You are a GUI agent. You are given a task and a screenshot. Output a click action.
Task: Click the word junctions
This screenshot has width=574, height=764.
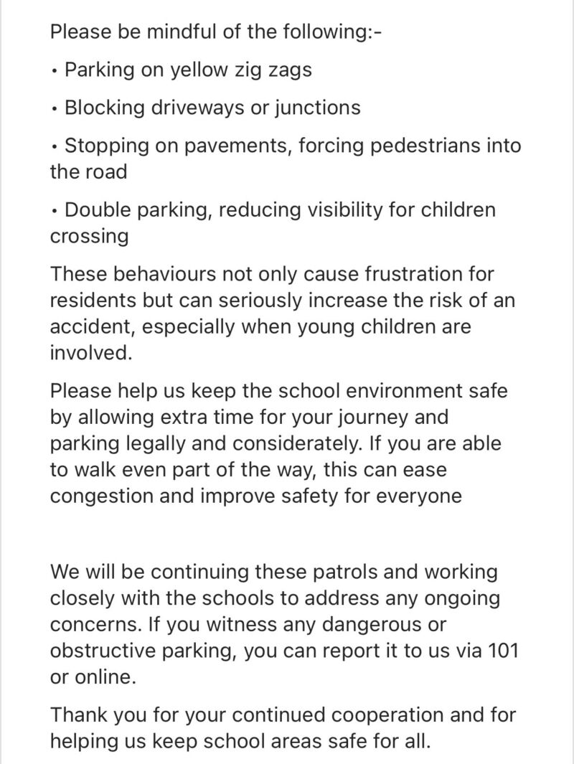316,108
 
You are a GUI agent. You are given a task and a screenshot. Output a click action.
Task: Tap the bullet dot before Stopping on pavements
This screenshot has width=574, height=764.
55,147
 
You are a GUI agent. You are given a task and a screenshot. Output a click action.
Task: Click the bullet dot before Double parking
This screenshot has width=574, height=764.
55,212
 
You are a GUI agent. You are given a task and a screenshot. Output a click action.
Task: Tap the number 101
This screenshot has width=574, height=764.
502,651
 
